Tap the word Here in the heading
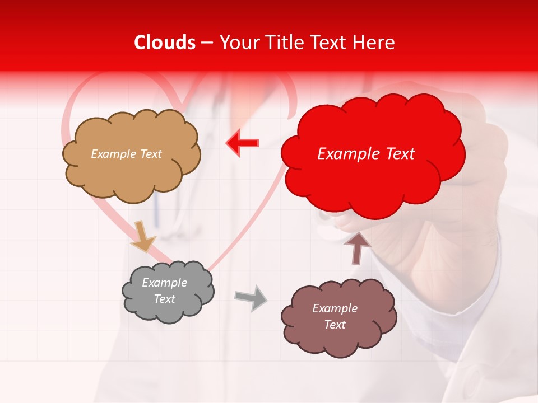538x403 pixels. coord(374,43)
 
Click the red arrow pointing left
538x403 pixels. coord(242,143)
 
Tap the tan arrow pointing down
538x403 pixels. coord(142,236)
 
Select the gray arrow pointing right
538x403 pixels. coord(251,297)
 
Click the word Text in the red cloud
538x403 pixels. coord(400,154)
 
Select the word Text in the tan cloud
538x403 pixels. coord(151,154)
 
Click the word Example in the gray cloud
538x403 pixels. coord(164,283)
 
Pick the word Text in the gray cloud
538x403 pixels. coord(164,299)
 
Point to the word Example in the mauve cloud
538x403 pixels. coord(335,308)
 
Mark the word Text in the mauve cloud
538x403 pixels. coord(335,325)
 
